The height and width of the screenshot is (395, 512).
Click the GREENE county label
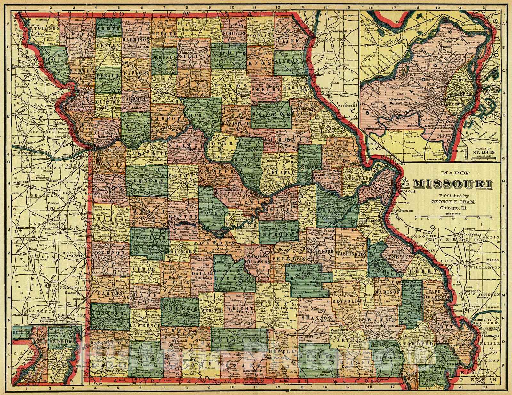[177, 310]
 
